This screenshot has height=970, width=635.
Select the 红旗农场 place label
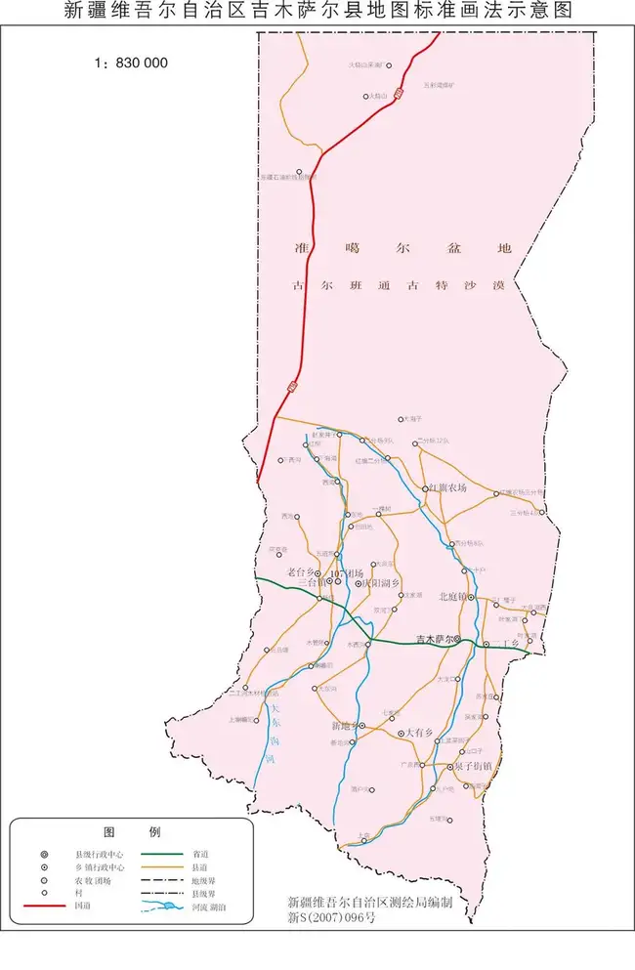[x=448, y=487]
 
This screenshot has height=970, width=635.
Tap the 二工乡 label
[x=508, y=643]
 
